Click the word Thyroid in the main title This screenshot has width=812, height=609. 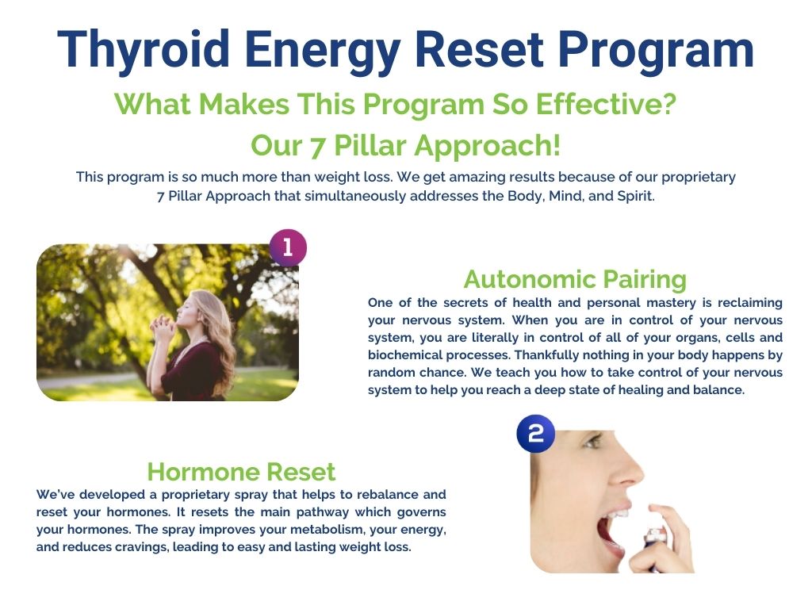pos(144,50)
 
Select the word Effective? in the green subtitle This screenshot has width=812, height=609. pos(606,104)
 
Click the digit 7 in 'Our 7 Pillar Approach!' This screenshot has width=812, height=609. pos(316,146)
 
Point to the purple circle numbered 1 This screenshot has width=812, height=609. pos(287,247)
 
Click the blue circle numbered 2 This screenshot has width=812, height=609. pos(535,434)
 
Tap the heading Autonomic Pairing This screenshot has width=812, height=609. pos(575,279)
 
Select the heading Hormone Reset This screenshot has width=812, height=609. pos(241,472)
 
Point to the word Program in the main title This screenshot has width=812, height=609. pos(656,50)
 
